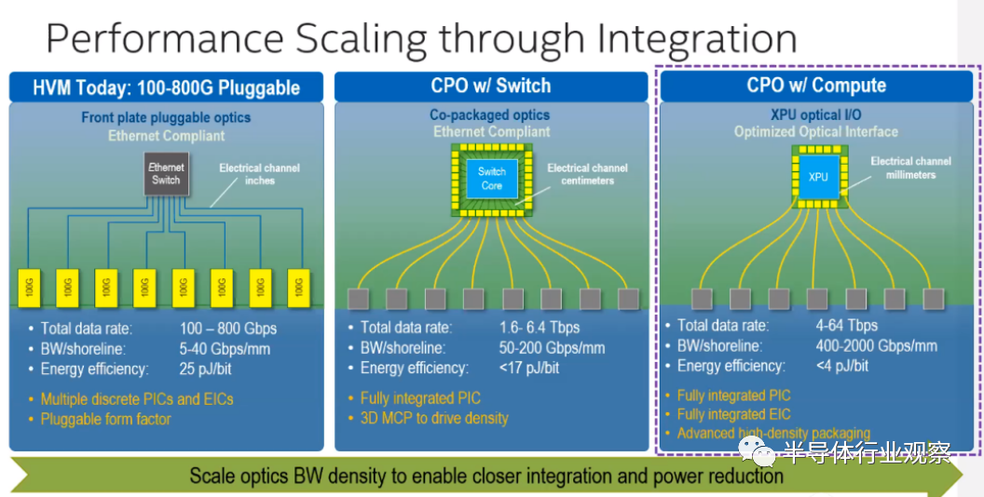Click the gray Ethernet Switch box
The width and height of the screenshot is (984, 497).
point(166,174)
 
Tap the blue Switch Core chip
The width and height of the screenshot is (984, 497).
point(491,178)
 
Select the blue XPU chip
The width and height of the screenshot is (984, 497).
point(817,176)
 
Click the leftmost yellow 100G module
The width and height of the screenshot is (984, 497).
point(30,288)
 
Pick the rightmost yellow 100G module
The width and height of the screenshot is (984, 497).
point(298,288)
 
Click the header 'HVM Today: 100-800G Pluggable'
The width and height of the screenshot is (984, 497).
point(166,87)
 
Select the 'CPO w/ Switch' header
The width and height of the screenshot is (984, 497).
point(490,86)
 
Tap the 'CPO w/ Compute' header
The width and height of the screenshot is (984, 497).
point(816,85)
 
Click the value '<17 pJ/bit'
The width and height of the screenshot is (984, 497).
point(529,368)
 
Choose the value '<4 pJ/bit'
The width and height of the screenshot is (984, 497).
point(842,366)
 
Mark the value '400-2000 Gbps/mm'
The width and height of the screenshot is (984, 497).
point(877,345)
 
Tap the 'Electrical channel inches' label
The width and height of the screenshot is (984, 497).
point(259,174)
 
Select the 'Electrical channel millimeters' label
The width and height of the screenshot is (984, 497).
point(910,168)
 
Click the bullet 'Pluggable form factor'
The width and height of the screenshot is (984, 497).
point(105,419)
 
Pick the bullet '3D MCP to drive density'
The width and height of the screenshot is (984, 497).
point(434,418)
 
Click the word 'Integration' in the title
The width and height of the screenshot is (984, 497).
point(696,38)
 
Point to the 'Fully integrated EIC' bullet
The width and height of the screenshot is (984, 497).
point(733,414)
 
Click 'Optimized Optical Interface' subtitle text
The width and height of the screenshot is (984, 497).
point(815,132)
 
